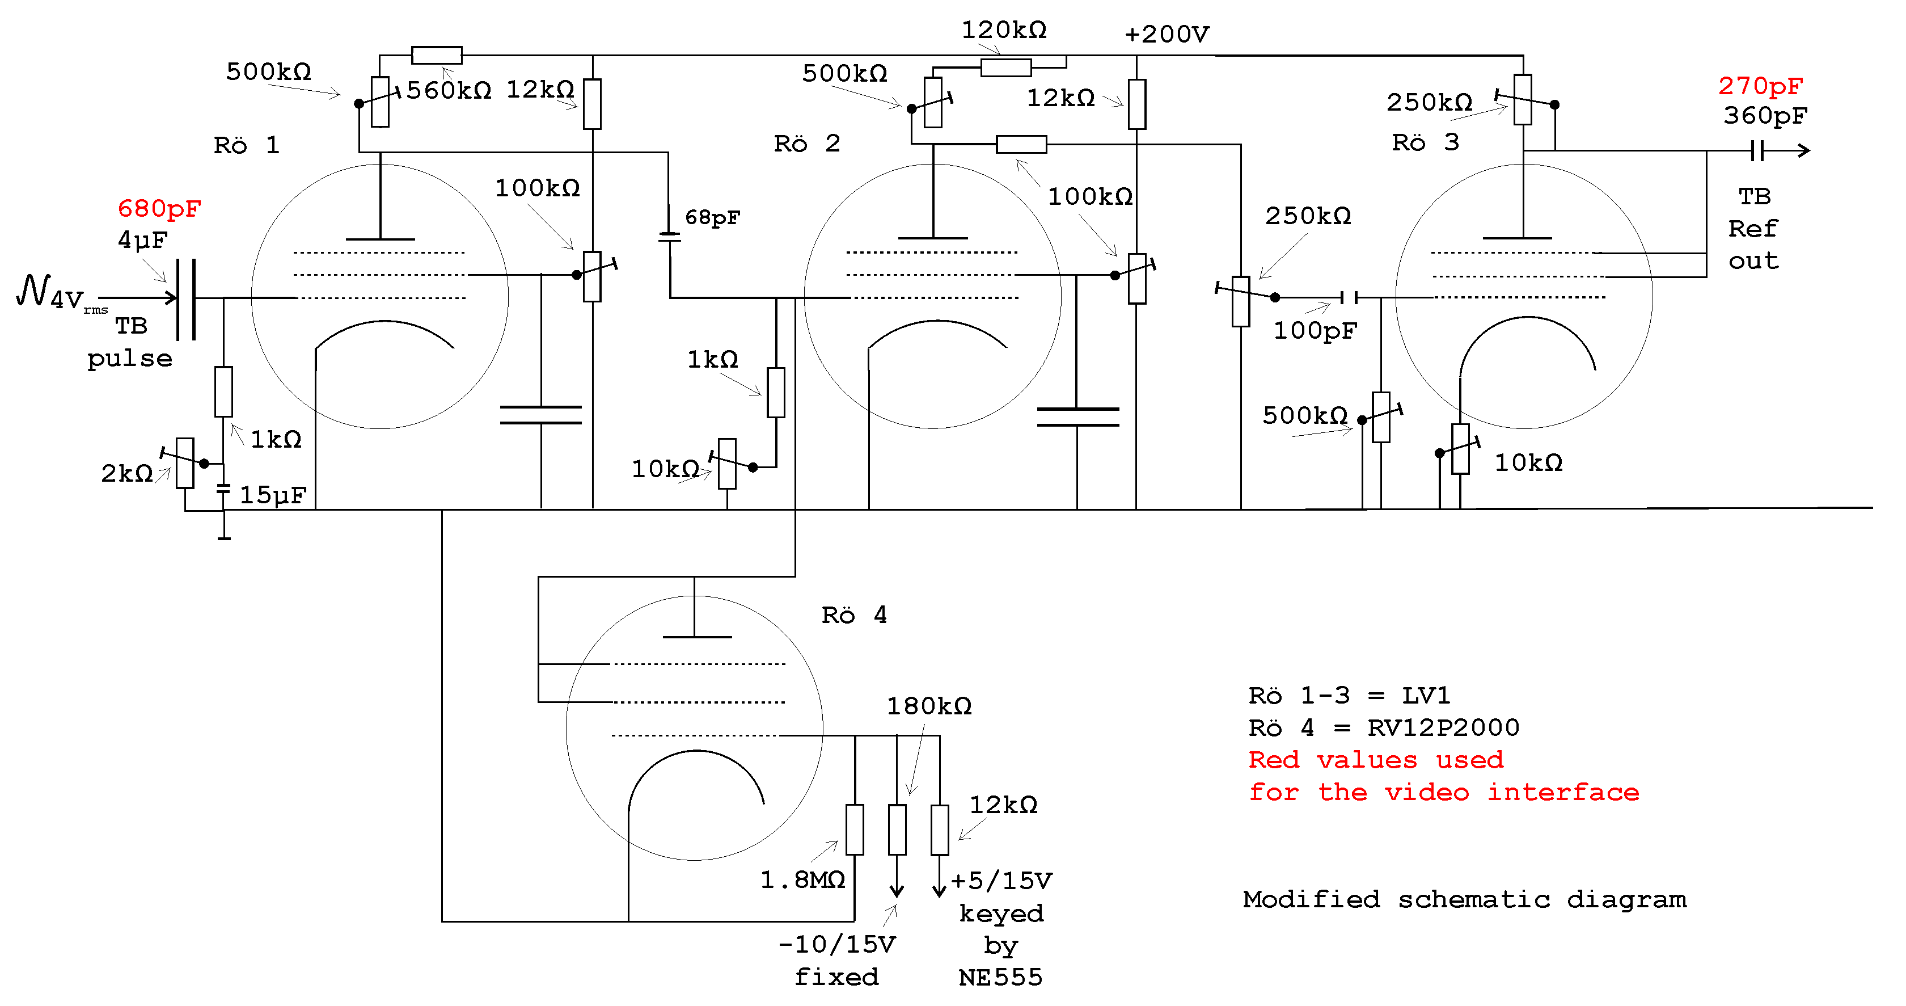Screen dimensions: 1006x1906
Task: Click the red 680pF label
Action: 159,209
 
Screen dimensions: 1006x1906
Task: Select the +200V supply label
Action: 1167,34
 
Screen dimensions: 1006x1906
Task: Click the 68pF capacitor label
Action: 712,218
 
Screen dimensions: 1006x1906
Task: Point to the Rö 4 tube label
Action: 854,615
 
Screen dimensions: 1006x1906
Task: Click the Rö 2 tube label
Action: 806,144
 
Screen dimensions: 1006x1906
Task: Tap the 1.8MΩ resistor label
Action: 803,880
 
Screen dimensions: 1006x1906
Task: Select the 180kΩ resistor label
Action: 929,706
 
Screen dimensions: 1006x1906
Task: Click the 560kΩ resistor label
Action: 449,90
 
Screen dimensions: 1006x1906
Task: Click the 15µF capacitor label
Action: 272,495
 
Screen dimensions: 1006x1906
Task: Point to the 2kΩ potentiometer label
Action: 126,473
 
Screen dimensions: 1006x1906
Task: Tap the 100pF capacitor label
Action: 1315,331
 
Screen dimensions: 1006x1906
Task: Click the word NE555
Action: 1000,978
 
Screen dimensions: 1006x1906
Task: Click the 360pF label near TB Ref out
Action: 1765,116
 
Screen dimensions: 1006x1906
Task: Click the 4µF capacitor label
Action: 143,240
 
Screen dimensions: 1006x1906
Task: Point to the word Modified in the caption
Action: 1311,899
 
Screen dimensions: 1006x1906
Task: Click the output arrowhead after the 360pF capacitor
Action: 1804,151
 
